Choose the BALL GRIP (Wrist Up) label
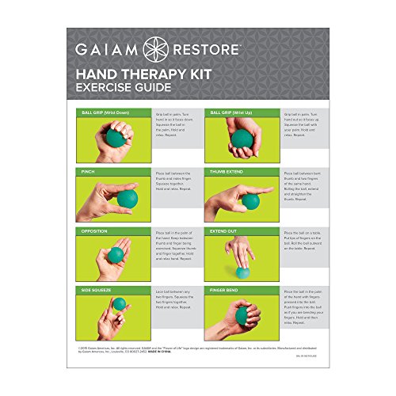point(233,113)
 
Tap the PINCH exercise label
point(88,171)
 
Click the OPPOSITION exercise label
point(97,231)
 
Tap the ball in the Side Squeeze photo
point(119,304)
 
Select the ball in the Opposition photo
point(116,255)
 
